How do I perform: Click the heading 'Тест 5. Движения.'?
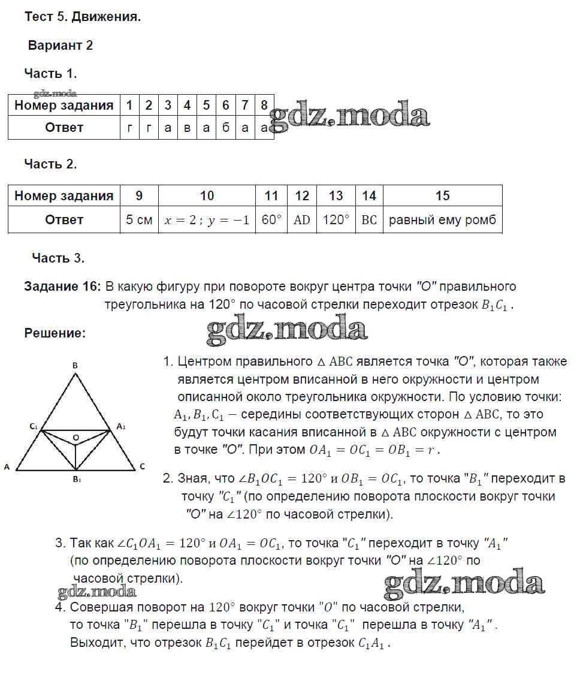click(83, 17)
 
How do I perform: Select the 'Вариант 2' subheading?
click(61, 46)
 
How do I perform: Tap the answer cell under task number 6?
click(226, 128)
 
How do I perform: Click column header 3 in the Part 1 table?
click(168, 106)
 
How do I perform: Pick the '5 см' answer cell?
click(139, 220)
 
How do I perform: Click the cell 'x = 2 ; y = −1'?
click(207, 220)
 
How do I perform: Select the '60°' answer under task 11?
click(271, 220)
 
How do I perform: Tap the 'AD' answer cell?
click(302, 220)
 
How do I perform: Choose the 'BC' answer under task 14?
click(369, 220)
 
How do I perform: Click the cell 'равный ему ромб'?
click(443, 220)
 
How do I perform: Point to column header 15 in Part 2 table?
click(443, 196)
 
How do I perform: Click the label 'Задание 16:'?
click(63, 287)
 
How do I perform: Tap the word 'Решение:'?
click(55, 333)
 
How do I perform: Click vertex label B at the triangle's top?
click(75, 365)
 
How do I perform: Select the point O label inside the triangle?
click(76, 438)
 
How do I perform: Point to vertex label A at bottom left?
click(7, 466)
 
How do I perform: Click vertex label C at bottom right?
click(142, 466)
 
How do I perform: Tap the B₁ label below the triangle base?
click(76, 480)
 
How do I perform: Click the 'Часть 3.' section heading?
click(58, 258)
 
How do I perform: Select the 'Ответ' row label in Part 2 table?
click(64, 220)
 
